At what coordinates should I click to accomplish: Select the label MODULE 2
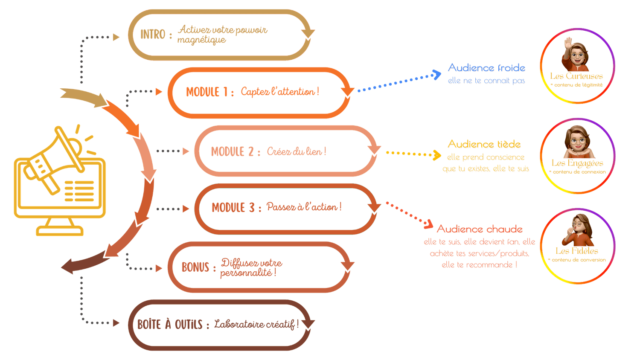[233, 151]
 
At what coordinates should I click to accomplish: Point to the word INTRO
[153, 34]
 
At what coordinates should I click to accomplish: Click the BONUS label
[195, 267]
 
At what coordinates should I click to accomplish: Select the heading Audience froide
[487, 68]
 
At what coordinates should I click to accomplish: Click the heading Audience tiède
[484, 144]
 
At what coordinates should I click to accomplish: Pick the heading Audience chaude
[480, 229]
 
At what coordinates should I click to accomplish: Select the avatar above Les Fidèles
[578, 230]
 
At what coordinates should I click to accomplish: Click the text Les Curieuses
[576, 76]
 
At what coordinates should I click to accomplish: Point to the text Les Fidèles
[577, 251]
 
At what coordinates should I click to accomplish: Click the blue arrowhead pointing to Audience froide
[436, 75]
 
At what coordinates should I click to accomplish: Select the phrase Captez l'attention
[279, 92]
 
